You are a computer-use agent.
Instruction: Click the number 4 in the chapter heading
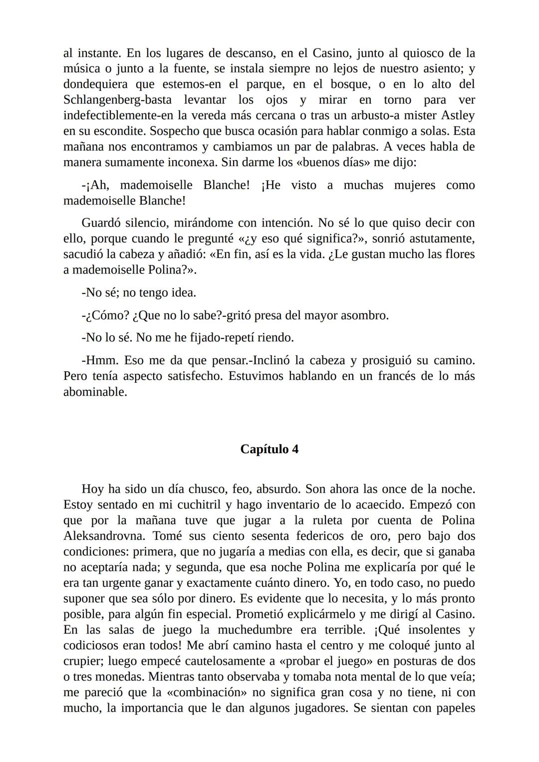[x=295, y=449]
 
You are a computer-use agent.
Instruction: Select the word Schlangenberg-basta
[x=117, y=99]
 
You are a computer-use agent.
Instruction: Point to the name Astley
[x=458, y=115]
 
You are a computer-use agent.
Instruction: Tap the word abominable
[x=95, y=392]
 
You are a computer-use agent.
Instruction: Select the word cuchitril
[x=193, y=505]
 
